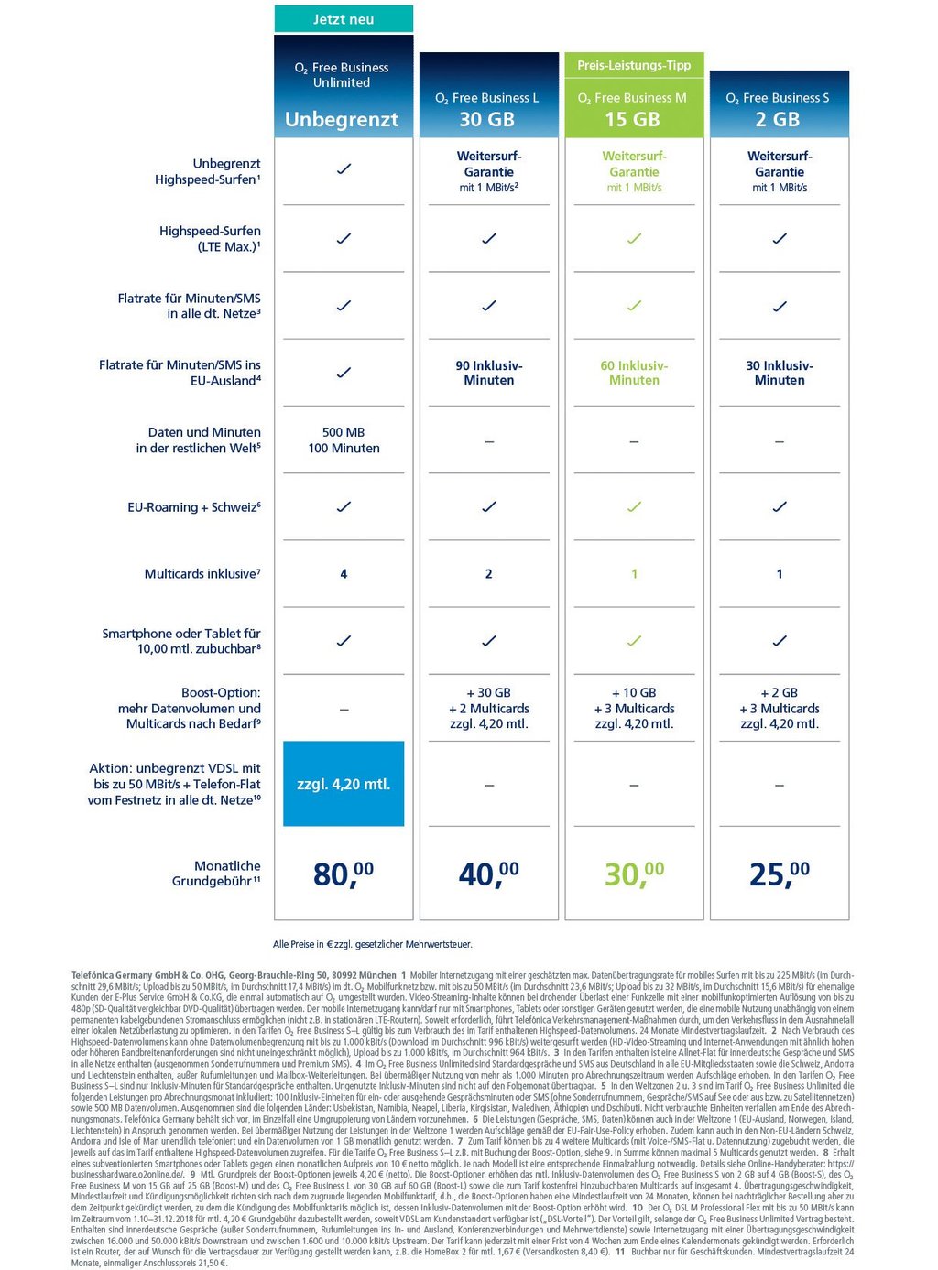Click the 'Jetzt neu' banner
pyautogui.click(x=344, y=19)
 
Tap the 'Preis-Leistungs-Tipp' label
pyautogui.click(x=634, y=65)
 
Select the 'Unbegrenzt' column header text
pyautogui.click(x=342, y=119)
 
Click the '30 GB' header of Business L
pyautogui.click(x=487, y=119)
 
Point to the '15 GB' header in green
pyautogui.click(x=632, y=119)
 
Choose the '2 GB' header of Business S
pyautogui.click(x=778, y=119)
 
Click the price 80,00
pyautogui.click(x=344, y=874)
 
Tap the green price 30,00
pyautogui.click(x=634, y=874)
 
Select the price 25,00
pyautogui.click(x=780, y=874)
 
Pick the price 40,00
pyautogui.click(x=488, y=874)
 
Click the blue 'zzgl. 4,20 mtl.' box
pyautogui.click(x=344, y=784)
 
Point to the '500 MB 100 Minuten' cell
pyautogui.click(x=344, y=440)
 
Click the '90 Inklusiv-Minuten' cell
pyautogui.click(x=489, y=373)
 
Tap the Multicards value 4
pyautogui.click(x=344, y=574)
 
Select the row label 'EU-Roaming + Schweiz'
pyautogui.click(x=194, y=507)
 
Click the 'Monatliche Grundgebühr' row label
pyautogui.click(x=217, y=874)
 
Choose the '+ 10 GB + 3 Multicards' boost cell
pyautogui.click(x=634, y=708)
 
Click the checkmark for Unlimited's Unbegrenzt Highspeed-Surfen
pyautogui.click(x=344, y=169)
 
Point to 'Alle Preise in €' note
pyautogui.click(x=373, y=944)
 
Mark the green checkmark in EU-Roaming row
pyautogui.click(x=634, y=506)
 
